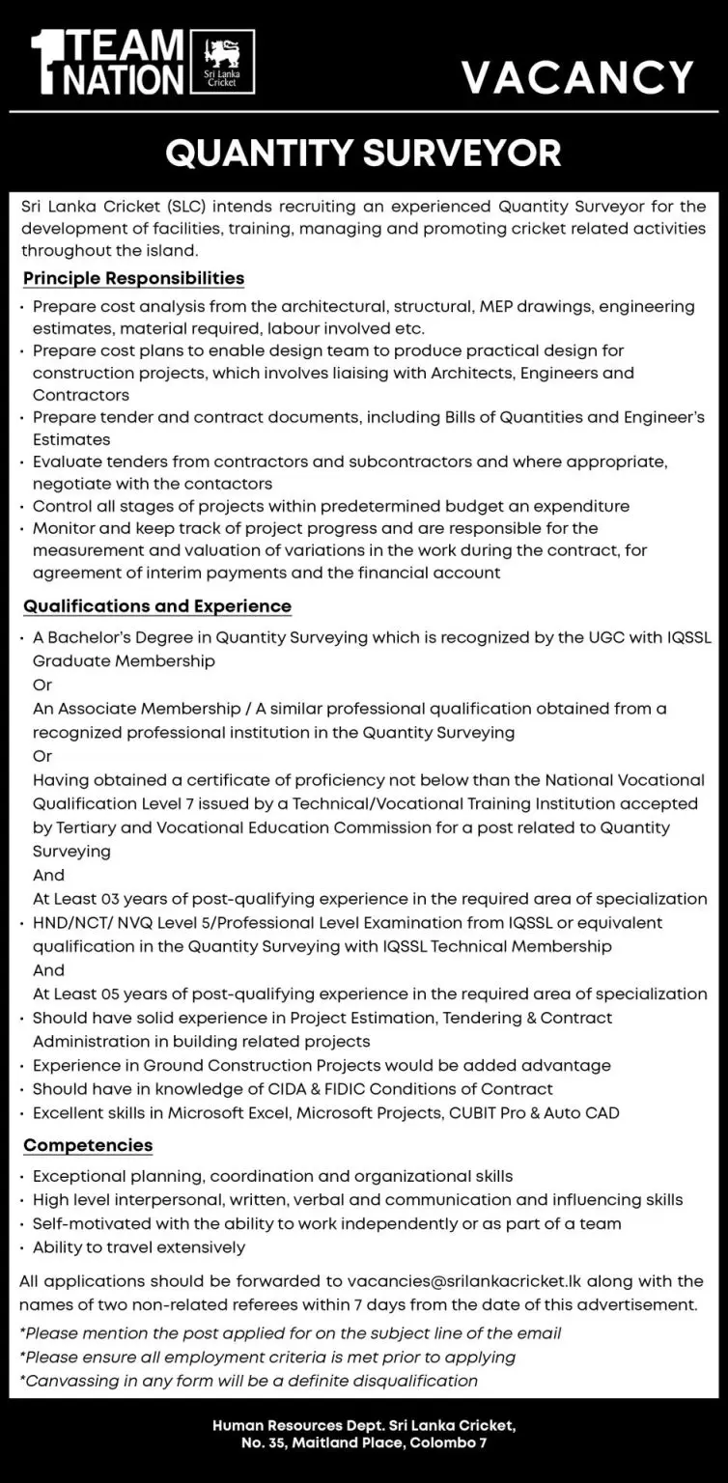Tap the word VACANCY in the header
pos(577,77)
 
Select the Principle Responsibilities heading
pos(133,278)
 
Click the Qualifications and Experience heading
pos(157,606)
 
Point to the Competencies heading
pos(88,1145)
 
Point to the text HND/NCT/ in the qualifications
pos(69,922)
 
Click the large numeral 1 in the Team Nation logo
pos(42,63)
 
